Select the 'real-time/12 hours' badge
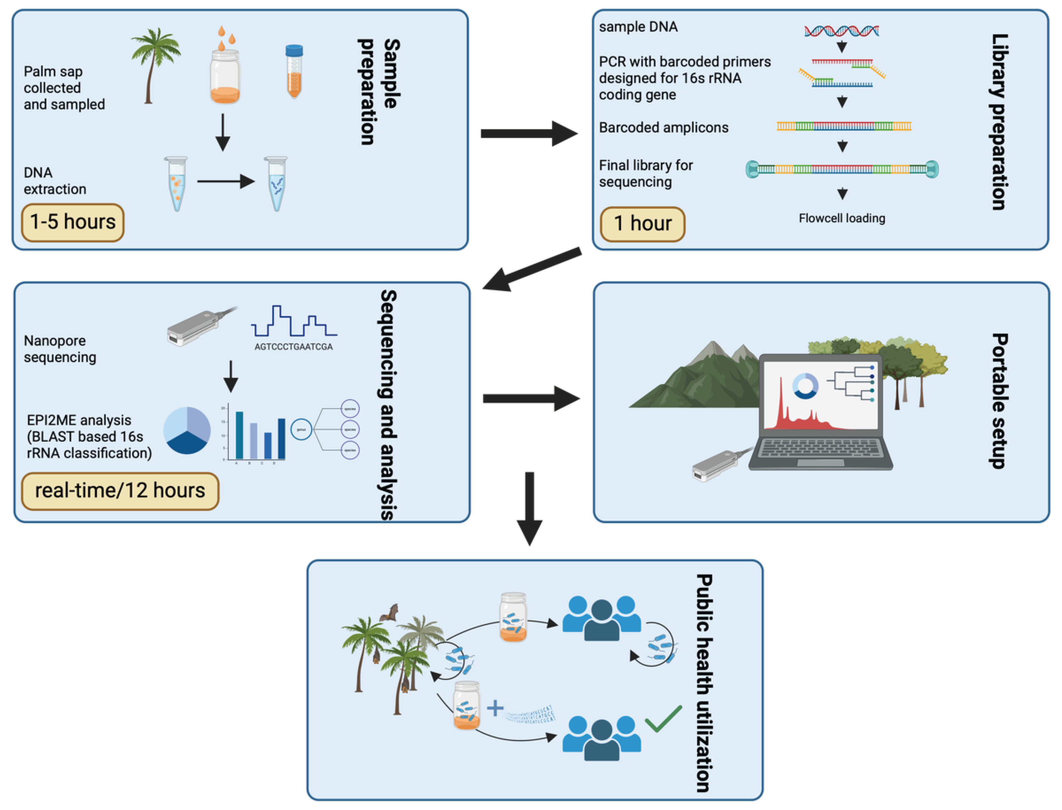(120, 491)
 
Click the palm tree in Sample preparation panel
(154, 63)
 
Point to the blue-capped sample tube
(294, 71)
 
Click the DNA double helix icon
(841, 31)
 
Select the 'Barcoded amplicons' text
(663, 128)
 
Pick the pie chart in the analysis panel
(187, 430)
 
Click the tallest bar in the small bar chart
(239, 435)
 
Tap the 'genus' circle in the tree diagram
(301, 429)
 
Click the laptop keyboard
(821, 447)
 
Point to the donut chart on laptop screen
(805, 386)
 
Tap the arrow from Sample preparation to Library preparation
(528, 134)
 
